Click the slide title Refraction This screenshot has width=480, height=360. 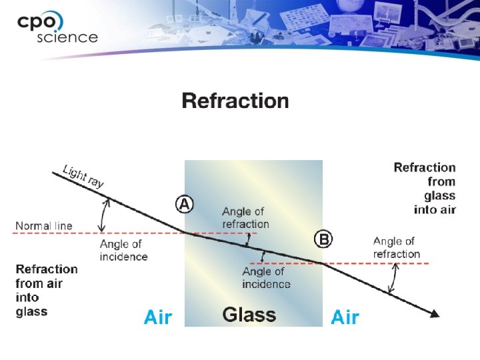click(235, 101)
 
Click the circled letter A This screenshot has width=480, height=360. click(185, 204)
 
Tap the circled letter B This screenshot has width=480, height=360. click(323, 239)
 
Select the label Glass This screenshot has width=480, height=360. click(249, 315)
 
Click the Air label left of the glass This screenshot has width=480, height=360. click(158, 317)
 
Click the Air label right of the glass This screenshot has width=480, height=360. click(345, 317)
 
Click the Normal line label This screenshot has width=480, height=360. click(44, 226)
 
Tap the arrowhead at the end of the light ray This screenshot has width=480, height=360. click(435, 313)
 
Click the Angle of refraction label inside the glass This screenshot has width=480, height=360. click(245, 218)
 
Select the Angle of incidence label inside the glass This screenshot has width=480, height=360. click(266, 278)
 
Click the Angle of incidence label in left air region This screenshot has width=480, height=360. click(123, 250)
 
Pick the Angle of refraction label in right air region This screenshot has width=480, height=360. click(396, 247)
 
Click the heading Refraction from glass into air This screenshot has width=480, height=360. click(425, 188)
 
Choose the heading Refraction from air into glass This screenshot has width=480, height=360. click(47, 289)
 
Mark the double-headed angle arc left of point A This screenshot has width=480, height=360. click(103, 216)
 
